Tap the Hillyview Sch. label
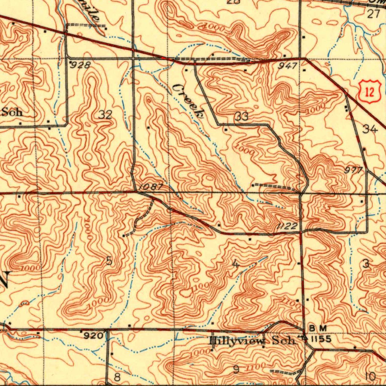click(252, 341)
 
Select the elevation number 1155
click(321, 339)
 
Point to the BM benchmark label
click(315, 328)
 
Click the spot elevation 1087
click(150, 187)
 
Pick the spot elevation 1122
click(287, 226)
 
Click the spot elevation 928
click(81, 65)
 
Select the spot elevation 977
click(353, 170)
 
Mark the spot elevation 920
click(92, 335)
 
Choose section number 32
click(106, 115)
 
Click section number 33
click(241, 117)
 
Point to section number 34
click(370, 129)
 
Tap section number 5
click(109, 260)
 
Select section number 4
click(236, 265)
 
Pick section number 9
click(236, 369)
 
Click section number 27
click(373, 14)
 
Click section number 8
click(117, 377)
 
